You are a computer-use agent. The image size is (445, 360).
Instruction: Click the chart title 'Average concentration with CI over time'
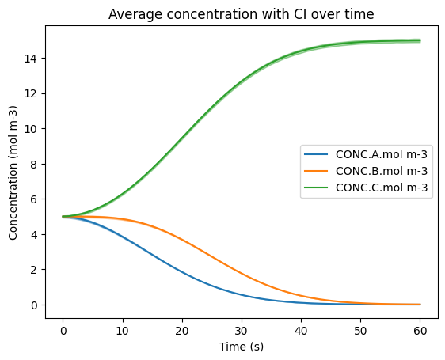coord(241,14)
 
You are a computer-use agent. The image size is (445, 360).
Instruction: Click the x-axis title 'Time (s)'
coord(242,347)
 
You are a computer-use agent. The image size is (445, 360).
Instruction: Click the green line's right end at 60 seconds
coord(420,40)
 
